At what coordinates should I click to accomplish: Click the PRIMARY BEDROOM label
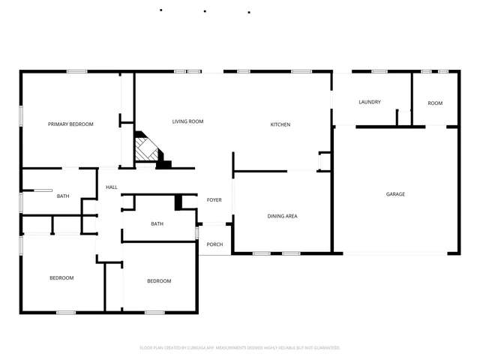(x=70, y=124)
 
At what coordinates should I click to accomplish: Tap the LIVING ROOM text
(x=187, y=121)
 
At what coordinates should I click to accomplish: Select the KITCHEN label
(x=280, y=124)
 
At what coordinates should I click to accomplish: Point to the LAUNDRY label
(x=370, y=102)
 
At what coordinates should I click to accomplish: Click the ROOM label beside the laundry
(x=435, y=103)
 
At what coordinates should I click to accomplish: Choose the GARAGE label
(x=395, y=194)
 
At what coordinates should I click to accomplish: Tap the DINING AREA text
(x=283, y=216)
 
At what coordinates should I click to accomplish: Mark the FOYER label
(x=214, y=199)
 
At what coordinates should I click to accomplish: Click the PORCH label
(x=214, y=244)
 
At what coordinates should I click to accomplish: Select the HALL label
(x=112, y=187)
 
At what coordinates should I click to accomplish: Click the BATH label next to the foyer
(x=157, y=223)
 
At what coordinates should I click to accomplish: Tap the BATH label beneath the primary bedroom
(x=63, y=196)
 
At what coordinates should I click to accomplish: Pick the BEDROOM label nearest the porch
(x=158, y=281)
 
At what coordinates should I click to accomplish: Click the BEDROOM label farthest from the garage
(x=61, y=278)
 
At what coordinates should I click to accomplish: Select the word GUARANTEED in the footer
(x=327, y=348)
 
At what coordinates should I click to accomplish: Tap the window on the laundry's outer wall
(x=379, y=71)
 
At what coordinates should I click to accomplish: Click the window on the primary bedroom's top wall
(x=76, y=71)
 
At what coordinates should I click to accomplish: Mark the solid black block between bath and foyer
(x=178, y=202)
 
